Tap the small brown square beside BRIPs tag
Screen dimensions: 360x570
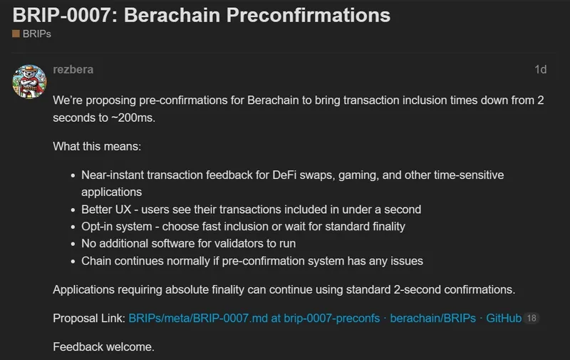(x=16, y=34)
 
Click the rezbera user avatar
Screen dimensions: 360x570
(x=29, y=82)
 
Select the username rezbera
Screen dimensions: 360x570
(x=73, y=70)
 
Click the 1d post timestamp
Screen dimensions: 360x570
(x=540, y=70)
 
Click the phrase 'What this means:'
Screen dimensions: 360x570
(x=97, y=147)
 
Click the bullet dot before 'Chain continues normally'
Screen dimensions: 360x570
(x=74, y=261)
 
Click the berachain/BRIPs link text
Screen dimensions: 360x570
(x=432, y=318)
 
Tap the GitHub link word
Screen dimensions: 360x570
(x=503, y=318)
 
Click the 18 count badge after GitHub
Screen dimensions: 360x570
(x=532, y=318)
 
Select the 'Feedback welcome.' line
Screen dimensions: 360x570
(x=103, y=347)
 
